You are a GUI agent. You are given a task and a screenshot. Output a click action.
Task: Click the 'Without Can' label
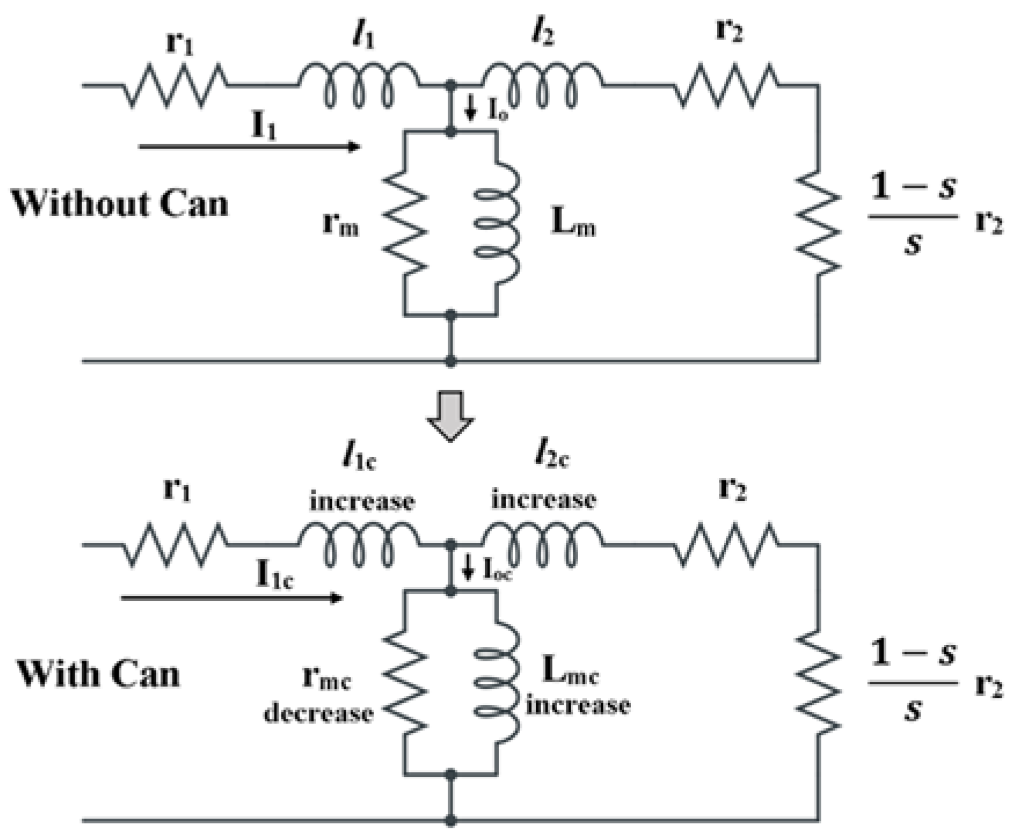(x=120, y=204)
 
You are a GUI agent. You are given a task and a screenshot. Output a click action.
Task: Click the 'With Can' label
(x=98, y=674)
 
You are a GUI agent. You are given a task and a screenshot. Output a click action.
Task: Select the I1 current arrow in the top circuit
(x=249, y=147)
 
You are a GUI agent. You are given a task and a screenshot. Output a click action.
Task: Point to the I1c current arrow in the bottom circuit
(x=232, y=597)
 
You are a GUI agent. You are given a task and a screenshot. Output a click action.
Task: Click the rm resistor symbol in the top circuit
(x=405, y=224)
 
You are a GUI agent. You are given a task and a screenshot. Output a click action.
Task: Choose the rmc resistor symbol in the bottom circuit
(x=405, y=682)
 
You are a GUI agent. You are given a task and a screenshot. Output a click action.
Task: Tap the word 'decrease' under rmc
(x=318, y=713)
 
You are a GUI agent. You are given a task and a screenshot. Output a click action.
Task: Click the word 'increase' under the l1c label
(x=362, y=501)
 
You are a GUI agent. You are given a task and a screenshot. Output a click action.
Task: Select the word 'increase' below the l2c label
(x=544, y=499)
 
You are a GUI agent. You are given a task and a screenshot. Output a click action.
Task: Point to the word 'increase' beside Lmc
(x=578, y=705)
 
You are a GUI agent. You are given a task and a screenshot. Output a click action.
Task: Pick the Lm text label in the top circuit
(x=573, y=222)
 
